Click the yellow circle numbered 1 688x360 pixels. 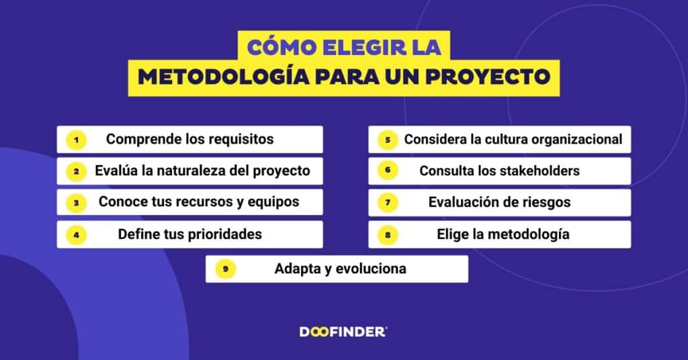[77, 140]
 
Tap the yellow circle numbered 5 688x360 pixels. [388, 140]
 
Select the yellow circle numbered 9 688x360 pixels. [225, 269]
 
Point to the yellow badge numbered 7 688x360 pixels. [388, 203]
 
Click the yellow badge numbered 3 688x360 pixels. [77, 203]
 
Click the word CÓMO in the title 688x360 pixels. [282, 48]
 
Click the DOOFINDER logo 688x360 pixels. [343, 332]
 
